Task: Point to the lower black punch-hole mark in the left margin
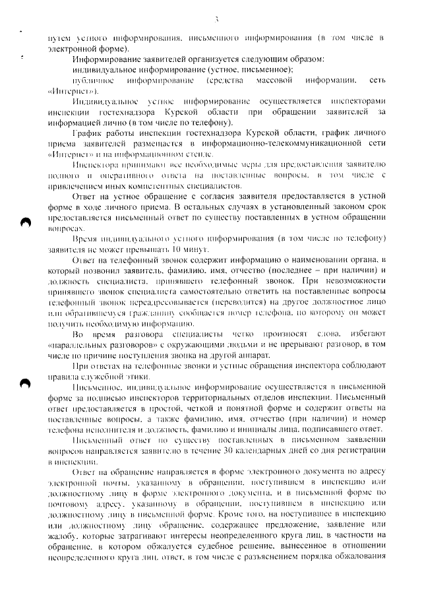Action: tap(25, 383)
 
